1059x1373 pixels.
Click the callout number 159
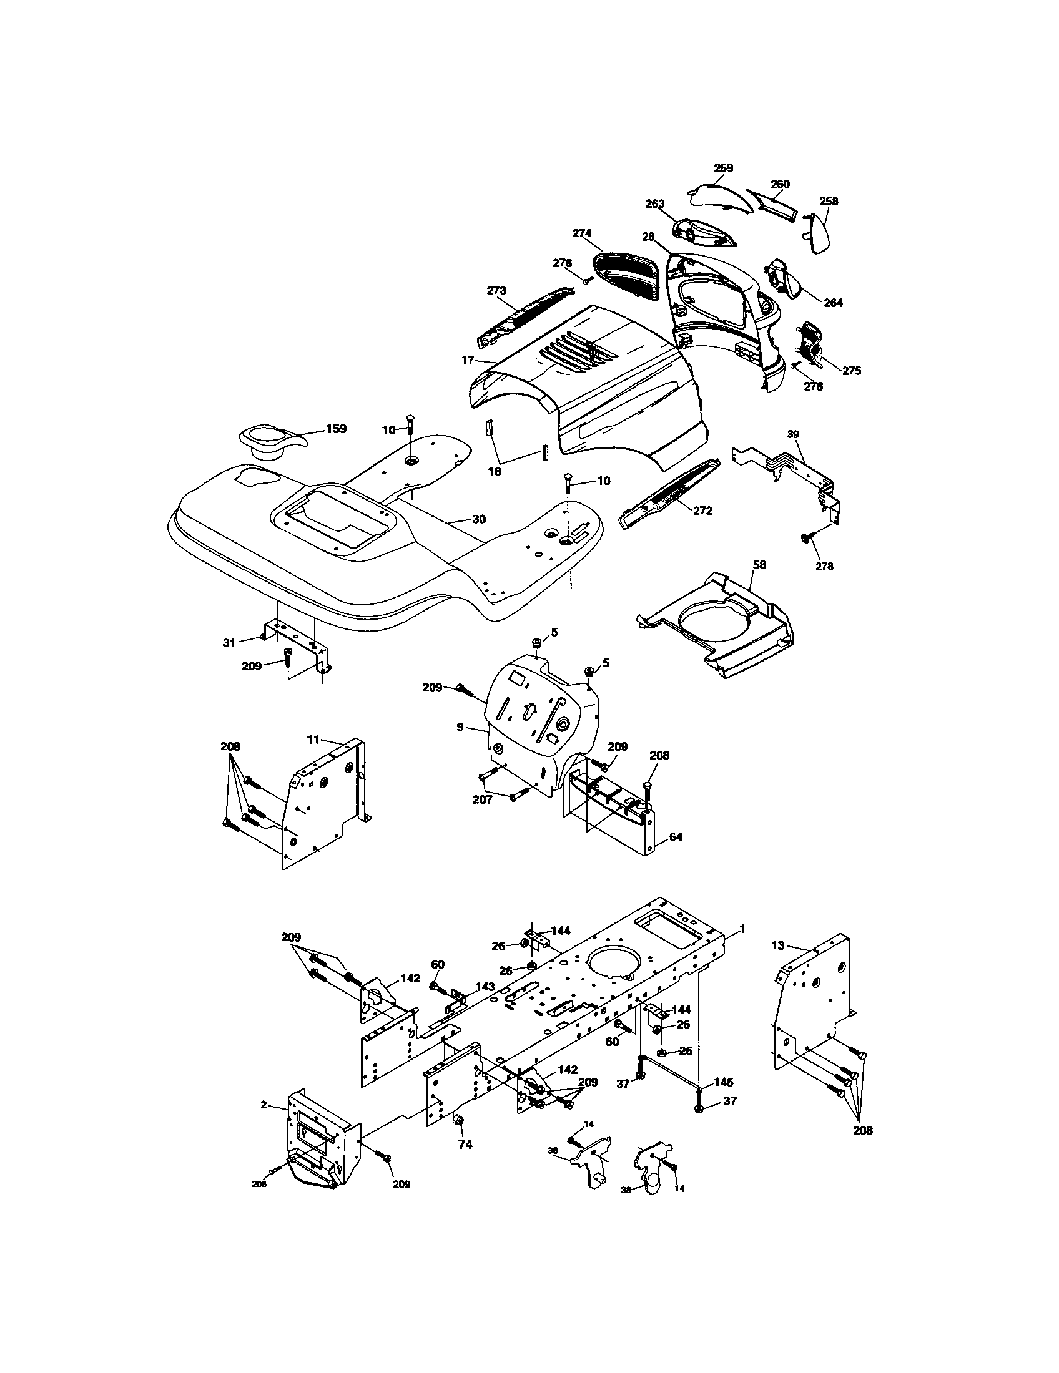(x=336, y=429)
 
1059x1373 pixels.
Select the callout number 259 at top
(x=724, y=168)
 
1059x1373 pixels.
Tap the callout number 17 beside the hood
(x=467, y=361)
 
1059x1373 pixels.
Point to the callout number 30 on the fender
(x=479, y=519)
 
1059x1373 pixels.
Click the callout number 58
(x=760, y=565)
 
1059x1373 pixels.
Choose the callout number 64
(x=676, y=837)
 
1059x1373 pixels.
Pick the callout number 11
(x=313, y=740)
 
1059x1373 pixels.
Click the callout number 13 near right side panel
(x=778, y=963)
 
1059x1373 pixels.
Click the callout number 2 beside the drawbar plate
(x=264, y=1105)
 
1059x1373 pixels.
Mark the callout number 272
(x=702, y=511)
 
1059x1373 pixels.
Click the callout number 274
(x=582, y=233)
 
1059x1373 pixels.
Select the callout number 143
(x=484, y=986)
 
